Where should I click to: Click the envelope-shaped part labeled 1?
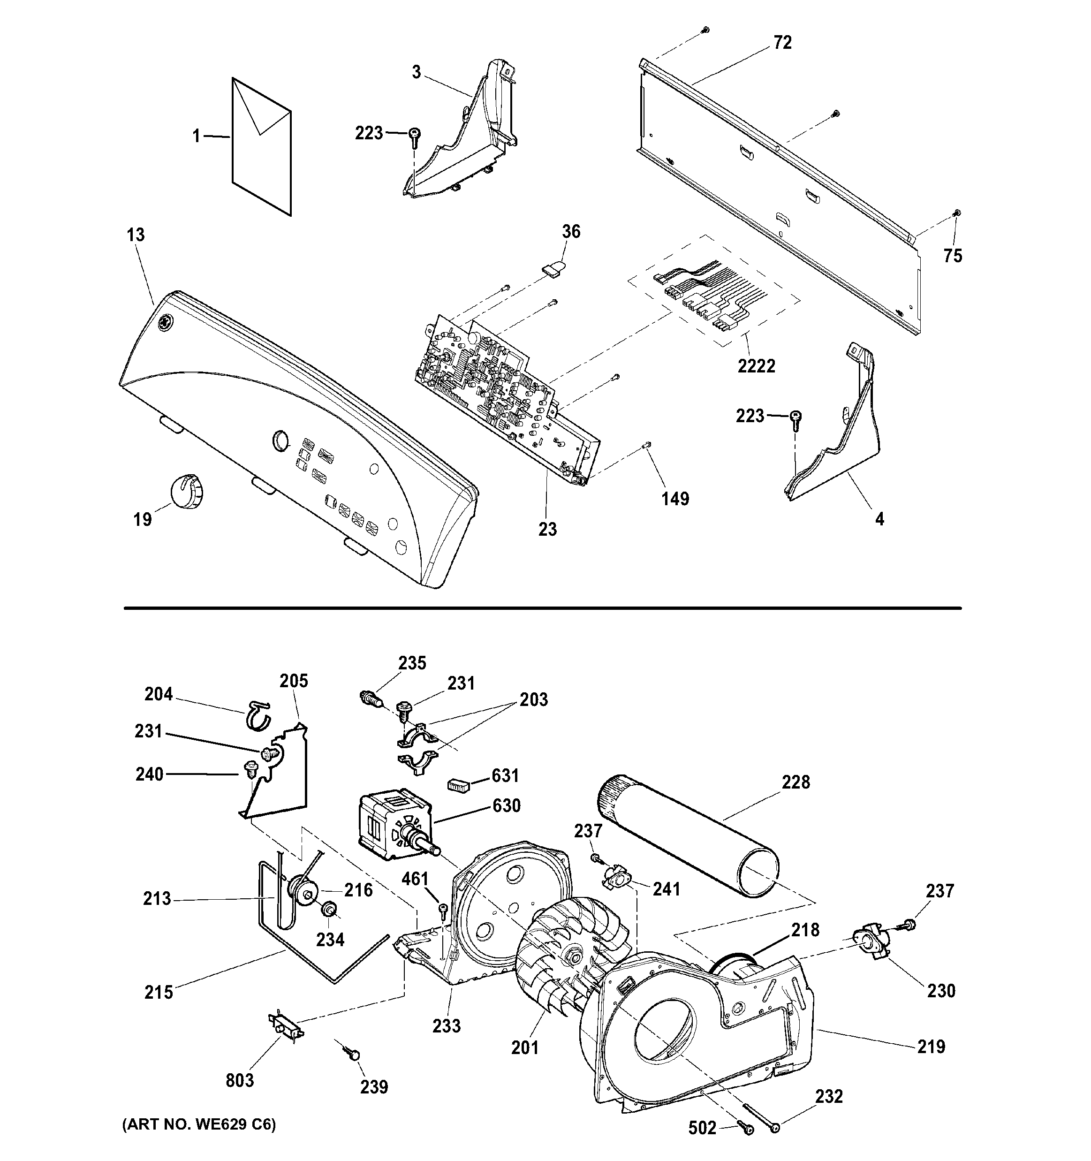(261, 146)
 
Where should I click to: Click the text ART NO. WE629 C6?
(198, 1124)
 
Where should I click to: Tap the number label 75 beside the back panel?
(953, 256)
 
